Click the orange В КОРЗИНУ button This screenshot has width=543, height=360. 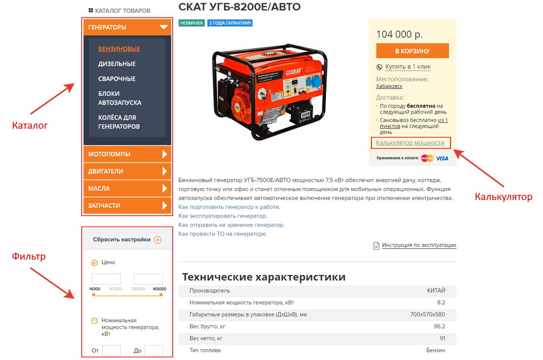click(412, 51)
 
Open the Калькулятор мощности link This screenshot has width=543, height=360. click(410, 143)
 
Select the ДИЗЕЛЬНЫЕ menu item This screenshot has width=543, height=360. click(117, 64)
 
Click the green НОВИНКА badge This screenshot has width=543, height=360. click(191, 23)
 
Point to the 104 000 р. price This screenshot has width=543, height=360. click(400, 34)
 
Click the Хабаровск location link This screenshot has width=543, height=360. click(389, 86)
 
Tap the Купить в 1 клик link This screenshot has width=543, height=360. click(408, 66)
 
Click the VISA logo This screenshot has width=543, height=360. click(442, 158)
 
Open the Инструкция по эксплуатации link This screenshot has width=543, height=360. click(419, 245)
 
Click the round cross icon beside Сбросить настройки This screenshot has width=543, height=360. click(157, 240)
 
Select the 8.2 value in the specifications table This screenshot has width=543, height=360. click(441, 303)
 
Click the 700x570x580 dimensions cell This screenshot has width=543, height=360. click(428, 314)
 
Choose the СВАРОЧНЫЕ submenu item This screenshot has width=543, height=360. click(117, 79)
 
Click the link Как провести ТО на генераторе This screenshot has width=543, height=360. click(222, 234)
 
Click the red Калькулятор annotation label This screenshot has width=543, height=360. click(504, 197)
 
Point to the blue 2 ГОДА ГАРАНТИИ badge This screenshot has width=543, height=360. click(230, 23)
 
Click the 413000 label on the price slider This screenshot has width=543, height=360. click(159, 289)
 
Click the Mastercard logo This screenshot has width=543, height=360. click(427, 158)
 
